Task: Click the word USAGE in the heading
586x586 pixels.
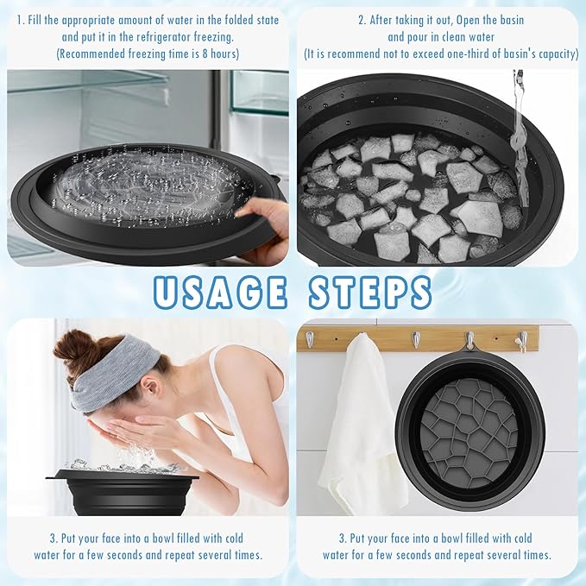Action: click(221, 292)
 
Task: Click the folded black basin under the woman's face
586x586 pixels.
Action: click(121, 492)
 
